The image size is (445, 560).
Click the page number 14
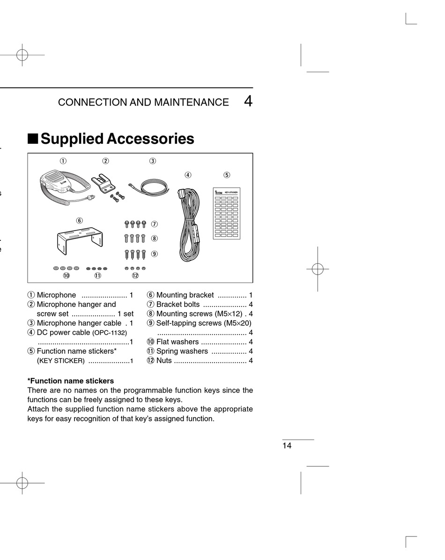pyautogui.click(x=287, y=446)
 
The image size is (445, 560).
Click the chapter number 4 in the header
pyautogui.click(x=248, y=102)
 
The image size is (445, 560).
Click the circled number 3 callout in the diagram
pyautogui.click(x=153, y=161)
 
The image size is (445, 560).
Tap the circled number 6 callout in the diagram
pyautogui.click(x=80, y=220)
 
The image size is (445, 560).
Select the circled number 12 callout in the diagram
pyautogui.click(x=135, y=276)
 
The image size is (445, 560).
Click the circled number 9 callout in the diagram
pyautogui.click(x=154, y=254)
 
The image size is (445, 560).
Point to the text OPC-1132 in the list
pyautogui.click(x=110, y=333)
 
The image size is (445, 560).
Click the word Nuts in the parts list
pyautogui.click(x=164, y=360)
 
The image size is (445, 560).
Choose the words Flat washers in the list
pyautogui.click(x=178, y=342)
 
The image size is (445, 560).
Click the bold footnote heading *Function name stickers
pyautogui.click(x=71, y=381)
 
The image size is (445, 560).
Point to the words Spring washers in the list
pyautogui.click(x=182, y=351)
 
